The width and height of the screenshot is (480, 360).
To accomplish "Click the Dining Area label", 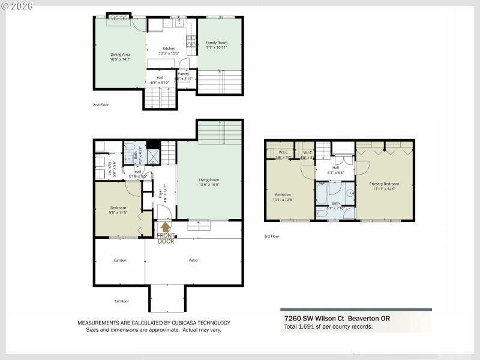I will [x=120, y=55].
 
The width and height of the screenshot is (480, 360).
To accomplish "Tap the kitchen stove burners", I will [x=190, y=42].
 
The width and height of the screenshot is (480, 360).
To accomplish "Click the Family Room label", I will [x=217, y=43].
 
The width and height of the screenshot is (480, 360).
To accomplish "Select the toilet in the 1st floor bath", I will [x=130, y=148].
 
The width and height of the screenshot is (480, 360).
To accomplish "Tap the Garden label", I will [x=119, y=260].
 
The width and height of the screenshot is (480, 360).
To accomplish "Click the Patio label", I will [x=193, y=260].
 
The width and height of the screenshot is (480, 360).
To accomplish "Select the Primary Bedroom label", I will [x=384, y=184].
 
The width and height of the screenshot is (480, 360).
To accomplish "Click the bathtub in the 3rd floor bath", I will [x=322, y=194].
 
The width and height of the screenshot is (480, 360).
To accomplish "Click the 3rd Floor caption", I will [x=272, y=236].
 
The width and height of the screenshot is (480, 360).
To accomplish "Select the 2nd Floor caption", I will [x=100, y=105].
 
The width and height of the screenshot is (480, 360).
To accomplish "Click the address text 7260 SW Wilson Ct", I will [x=311, y=319].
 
